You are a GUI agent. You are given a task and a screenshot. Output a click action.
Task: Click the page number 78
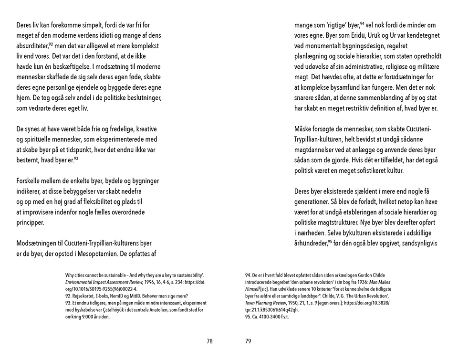pos(210,341)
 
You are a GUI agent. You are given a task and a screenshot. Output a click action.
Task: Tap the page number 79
pos(248,341)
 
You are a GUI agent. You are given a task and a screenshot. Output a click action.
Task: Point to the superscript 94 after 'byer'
pos(362,23)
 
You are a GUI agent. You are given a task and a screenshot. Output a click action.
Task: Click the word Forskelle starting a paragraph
pos(30,181)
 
